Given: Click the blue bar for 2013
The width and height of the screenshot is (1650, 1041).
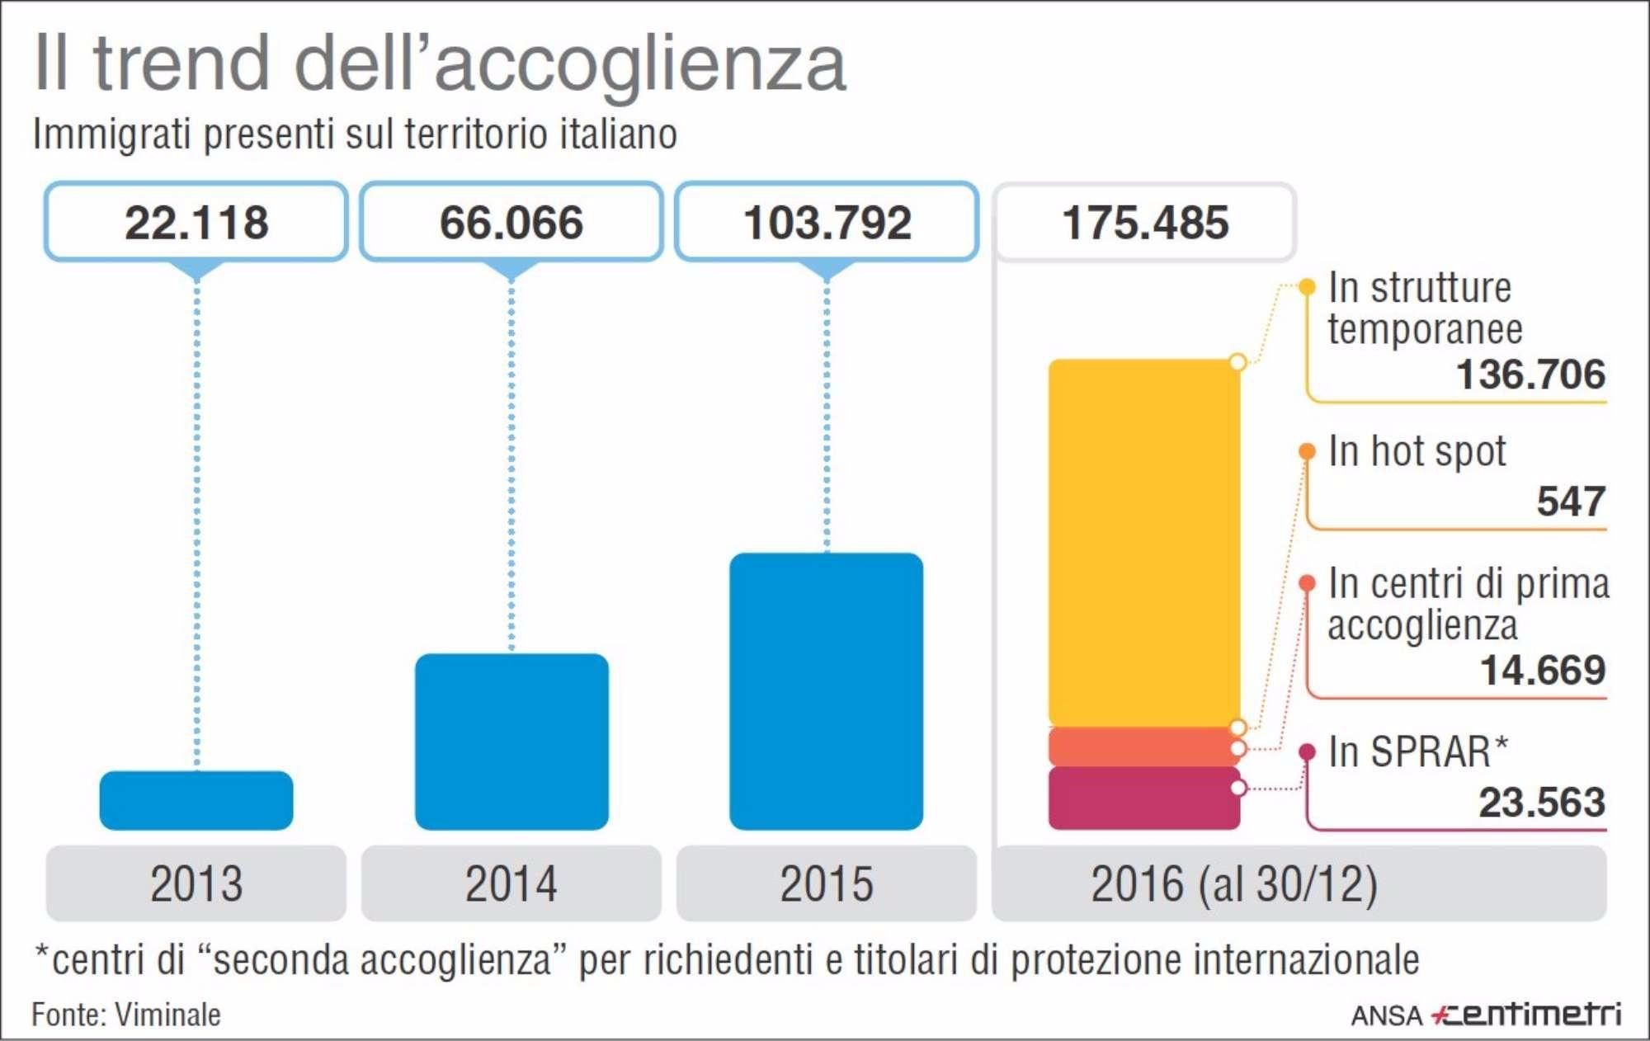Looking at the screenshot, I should [196, 800].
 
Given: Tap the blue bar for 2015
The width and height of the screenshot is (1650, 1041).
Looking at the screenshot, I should [826, 691].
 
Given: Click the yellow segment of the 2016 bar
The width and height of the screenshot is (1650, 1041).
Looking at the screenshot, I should [1143, 543].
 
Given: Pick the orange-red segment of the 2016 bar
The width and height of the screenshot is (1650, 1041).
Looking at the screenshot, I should [1143, 747].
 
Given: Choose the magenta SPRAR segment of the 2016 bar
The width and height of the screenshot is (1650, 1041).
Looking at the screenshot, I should [1143, 798].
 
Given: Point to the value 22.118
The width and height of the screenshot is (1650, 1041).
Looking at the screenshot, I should [196, 223].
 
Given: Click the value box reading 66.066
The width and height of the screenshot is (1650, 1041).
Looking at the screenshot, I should [511, 223].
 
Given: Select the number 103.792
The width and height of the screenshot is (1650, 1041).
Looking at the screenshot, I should [827, 223].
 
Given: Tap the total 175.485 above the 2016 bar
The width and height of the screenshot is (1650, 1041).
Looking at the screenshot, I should [1145, 223].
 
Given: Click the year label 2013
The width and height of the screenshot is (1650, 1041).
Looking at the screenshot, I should [196, 883].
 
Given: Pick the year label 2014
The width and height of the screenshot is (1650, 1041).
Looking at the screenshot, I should [511, 883].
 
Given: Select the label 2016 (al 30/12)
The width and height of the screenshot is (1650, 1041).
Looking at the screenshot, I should [1234, 883].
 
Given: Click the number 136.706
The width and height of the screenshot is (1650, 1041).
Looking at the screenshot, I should [1530, 374].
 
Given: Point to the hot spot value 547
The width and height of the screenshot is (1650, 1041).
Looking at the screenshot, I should [1571, 502].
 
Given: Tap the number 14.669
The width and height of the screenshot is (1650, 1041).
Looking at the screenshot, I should [1543, 670].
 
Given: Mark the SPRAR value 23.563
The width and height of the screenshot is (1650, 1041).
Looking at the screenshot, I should [1541, 803].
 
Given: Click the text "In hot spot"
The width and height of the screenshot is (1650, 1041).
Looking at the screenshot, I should [1417, 451].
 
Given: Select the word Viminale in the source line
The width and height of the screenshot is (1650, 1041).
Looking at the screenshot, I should [167, 1015].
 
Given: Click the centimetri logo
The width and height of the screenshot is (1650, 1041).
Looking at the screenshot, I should [1526, 1015].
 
